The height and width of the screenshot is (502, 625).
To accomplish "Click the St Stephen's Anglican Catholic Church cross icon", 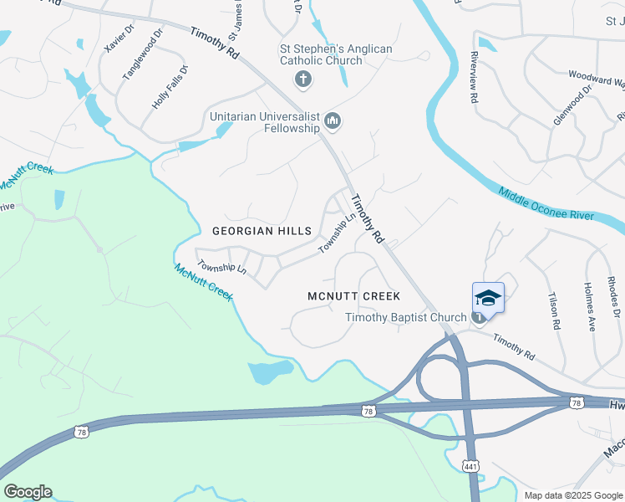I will point(302,80).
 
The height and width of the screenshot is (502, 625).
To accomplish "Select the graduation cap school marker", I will point(488,297).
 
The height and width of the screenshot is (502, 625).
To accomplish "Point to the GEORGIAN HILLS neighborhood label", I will point(262,231).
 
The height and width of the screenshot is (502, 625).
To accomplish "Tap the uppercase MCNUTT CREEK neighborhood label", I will point(353,296).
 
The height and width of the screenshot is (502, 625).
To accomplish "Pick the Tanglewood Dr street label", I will point(143,55).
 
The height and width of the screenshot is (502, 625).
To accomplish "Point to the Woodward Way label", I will point(597,79).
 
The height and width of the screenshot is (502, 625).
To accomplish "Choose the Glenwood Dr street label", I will point(572,104).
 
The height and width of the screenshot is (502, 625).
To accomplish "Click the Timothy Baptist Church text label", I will point(406,317).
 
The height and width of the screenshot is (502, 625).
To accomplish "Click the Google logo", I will point(28,492).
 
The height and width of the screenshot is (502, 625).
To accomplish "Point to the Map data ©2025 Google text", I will point(572,495).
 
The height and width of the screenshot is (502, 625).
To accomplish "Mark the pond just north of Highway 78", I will point(271,371).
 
